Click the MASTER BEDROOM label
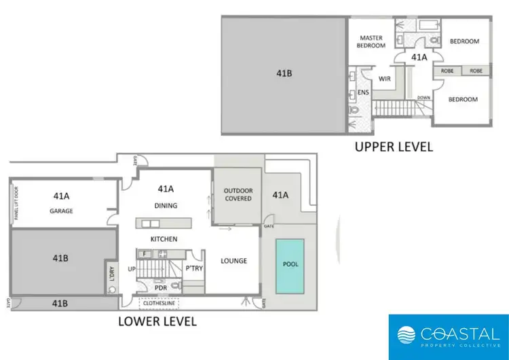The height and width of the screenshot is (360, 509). point(372,41)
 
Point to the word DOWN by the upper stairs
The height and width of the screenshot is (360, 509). point(423,97)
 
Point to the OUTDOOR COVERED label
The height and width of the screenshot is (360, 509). point(238,194)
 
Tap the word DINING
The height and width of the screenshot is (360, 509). point(166,206)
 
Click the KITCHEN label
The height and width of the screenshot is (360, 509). point(164,239)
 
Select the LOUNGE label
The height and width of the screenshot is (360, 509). point(233,261)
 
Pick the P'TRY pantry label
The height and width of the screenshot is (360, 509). point(194,268)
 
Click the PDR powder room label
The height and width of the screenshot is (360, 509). point(160,287)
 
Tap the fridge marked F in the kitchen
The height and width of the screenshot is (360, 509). point(143,254)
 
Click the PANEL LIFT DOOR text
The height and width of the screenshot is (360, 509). point(16,202)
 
